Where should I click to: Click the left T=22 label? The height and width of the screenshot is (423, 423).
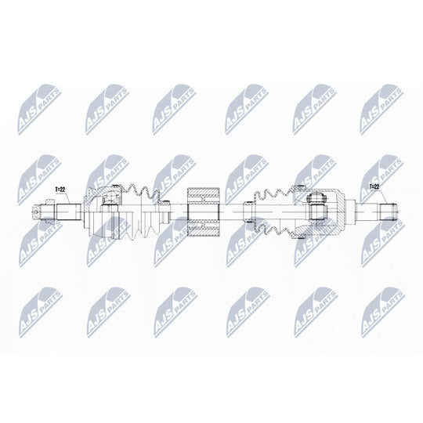pyautogui.click(x=60, y=190)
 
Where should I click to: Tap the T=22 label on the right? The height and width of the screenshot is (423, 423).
pyautogui.click(x=374, y=186)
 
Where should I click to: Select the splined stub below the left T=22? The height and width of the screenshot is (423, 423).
pyautogui.click(x=69, y=211)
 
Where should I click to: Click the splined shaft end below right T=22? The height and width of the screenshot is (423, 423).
pyautogui.click(x=389, y=211)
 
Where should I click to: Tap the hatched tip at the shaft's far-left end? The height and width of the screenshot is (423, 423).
pyautogui.click(x=35, y=211)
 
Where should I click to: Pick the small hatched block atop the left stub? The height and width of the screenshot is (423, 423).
pyautogui.click(x=51, y=202)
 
